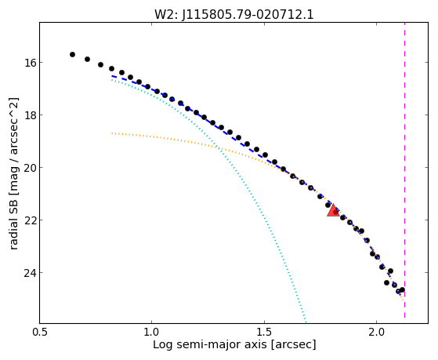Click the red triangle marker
[333, 211]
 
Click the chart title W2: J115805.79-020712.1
[234, 15]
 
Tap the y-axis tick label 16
[30, 63]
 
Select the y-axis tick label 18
[30, 115]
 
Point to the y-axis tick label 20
[30, 168]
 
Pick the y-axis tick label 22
[30, 220]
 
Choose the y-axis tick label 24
[30, 273]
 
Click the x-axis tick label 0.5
[40, 332]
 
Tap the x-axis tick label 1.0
[152, 332]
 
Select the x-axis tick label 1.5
[264, 332]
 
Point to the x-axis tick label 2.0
[377, 332]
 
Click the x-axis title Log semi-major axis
[210, 345]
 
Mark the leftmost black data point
[72, 55]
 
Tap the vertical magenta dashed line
[404, 170]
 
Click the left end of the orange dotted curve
[112, 133]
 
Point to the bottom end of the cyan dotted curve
[306, 322]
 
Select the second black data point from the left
[87, 59]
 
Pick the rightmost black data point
[402, 289]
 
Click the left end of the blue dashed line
[112, 76]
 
